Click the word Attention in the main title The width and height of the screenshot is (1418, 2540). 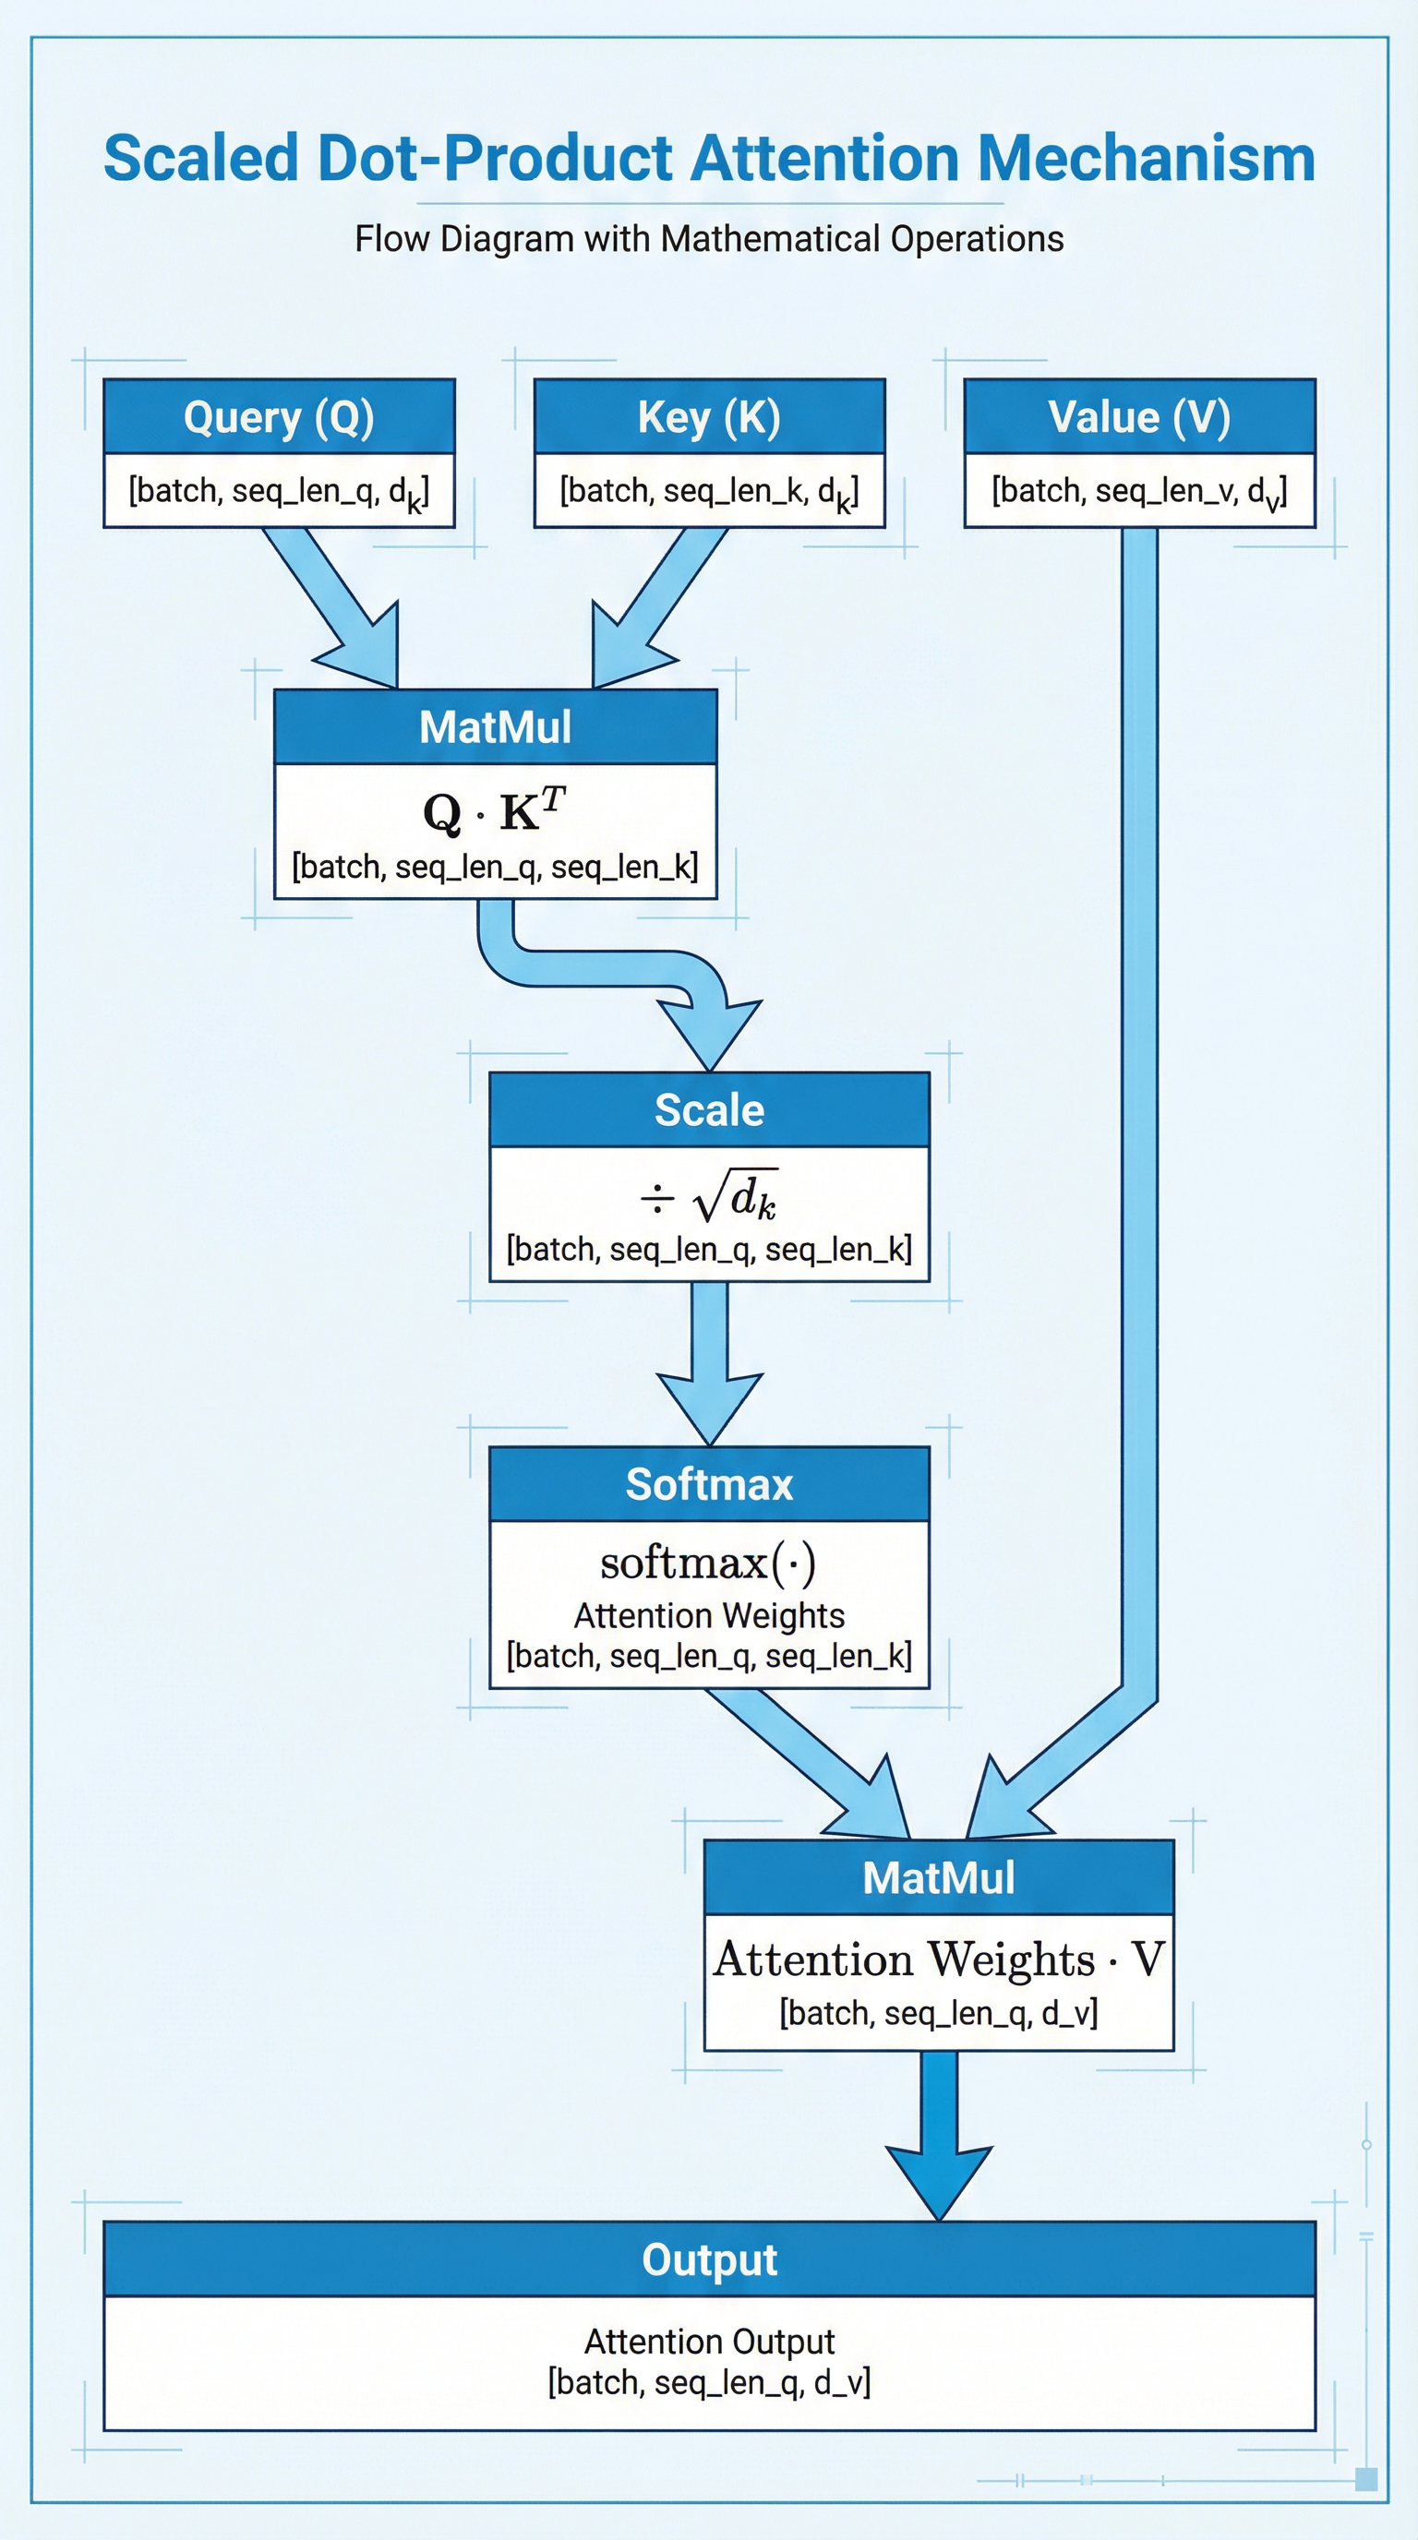823,158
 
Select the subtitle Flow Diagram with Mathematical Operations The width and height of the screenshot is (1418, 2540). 709,239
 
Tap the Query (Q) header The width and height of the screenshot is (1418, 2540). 279,417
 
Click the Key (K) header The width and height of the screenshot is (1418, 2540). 709,417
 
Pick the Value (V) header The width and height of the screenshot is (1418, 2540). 1139,417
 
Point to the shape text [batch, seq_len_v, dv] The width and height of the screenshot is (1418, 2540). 1139,491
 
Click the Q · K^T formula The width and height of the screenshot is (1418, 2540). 494,810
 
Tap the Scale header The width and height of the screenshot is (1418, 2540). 709,1110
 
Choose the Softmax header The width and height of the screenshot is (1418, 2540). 709,1484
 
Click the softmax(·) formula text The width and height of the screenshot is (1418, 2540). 709,1563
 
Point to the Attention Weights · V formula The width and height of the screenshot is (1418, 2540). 939,1959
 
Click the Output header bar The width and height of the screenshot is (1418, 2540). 709,2259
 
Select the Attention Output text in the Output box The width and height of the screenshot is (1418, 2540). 709,2341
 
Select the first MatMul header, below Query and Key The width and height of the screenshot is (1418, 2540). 494,726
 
